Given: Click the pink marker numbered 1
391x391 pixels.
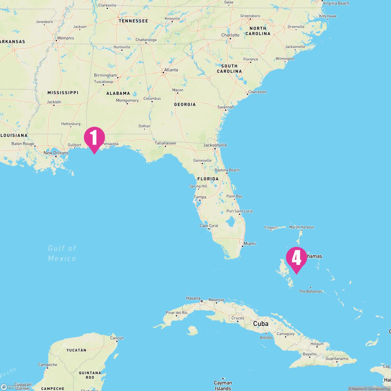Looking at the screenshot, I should point(94,138).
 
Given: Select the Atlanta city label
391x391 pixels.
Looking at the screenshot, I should point(171,70).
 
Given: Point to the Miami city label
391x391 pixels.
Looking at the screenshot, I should point(250,243).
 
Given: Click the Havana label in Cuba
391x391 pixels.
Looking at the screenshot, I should point(193,298).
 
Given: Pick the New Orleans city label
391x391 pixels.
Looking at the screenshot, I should point(56,153).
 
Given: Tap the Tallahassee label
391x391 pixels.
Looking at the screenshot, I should point(165,143).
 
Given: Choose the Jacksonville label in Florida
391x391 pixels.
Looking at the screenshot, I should point(215,145).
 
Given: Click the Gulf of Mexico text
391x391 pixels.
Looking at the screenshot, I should point(62,253).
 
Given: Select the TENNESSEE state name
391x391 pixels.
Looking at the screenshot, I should point(133,21).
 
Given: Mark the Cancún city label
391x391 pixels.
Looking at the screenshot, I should point(117,338).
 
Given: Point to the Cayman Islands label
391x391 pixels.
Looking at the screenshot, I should point(223,385).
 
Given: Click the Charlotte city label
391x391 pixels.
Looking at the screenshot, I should point(230,35).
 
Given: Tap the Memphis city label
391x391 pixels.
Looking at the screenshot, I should point(65,38).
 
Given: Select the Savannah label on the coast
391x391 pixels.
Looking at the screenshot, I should point(226,107).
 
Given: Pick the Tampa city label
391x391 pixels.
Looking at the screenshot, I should point(200,197).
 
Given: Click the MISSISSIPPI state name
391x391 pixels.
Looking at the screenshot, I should point(63,93).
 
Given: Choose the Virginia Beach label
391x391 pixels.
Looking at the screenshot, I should point(336,3).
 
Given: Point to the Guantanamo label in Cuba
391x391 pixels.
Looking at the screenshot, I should point(337,358).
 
